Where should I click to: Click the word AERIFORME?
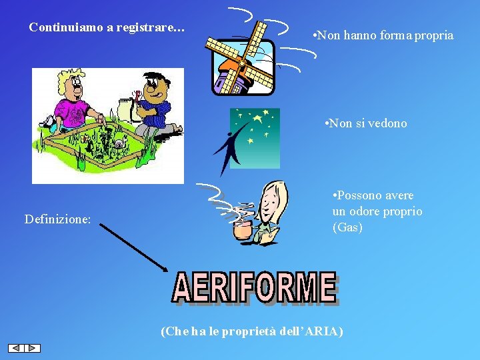click(x=254, y=288)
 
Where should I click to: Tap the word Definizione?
click(x=57, y=219)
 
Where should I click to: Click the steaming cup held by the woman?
click(x=241, y=228)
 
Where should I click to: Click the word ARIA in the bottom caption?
click(x=321, y=331)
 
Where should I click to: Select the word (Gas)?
click(x=347, y=227)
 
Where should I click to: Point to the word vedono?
click(x=386, y=123)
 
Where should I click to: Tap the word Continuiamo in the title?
click(x=65, y=28)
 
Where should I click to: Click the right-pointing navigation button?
click(x=33, y=348)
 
